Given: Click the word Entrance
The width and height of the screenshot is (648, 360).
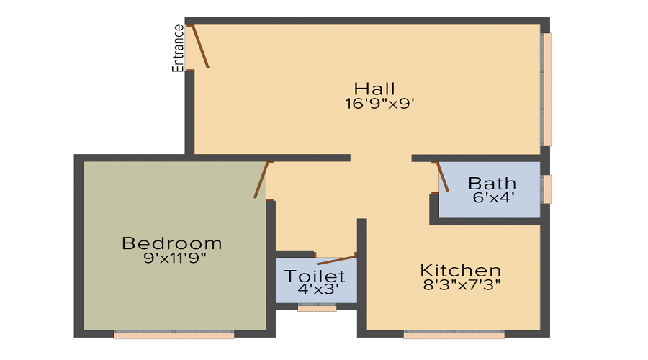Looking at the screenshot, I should pyautogui.click(x=178, y=48).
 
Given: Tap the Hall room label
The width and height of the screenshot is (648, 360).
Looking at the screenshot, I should pyautogui.click(x=375, y=89).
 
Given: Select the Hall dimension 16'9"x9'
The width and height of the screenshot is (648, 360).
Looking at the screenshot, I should pyautogui.click(x=380, y=104).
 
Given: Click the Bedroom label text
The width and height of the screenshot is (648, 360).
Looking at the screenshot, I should pyautogui.click(x=172, y=243).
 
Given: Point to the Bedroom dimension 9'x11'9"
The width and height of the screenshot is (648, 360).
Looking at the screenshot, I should pyautogui.click(x=175, y=258).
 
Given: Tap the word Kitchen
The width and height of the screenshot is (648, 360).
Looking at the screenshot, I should pyautogui.click(x=461, y=270).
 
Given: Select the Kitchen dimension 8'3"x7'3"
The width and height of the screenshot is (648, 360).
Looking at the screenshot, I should pyautogui.click(x=461, y=284).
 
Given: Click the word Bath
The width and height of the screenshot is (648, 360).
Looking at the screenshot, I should pyautogui.click(x=492, y=182).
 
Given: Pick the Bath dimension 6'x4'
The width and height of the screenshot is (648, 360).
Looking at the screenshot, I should pyautogui.click(x=493, y=197).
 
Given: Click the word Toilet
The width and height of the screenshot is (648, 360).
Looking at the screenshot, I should pyautogui.click(x=315, y=276).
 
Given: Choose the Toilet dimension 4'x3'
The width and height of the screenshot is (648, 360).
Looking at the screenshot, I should pyautogui.click(x=318, y=290).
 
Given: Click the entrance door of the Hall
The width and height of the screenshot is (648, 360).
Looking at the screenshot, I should pyautogui.click(x=199, y=47).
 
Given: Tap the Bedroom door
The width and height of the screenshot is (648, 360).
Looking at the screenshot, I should pyautogui.click(x=261, y=179).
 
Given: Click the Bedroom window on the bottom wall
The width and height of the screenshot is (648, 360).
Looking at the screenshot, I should pyautogui.click(x=174, y=335).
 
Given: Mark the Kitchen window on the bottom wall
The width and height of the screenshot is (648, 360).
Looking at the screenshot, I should pyautogui.click(x=454, y=335).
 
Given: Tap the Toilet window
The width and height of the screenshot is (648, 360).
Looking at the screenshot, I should pyautogui.click(x=317, y=308).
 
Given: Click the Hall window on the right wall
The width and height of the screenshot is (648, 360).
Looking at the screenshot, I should pyautogui.click(x=547, y=89).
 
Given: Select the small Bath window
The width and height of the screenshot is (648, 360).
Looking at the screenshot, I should pyautogui.click(x=547, y=189).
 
